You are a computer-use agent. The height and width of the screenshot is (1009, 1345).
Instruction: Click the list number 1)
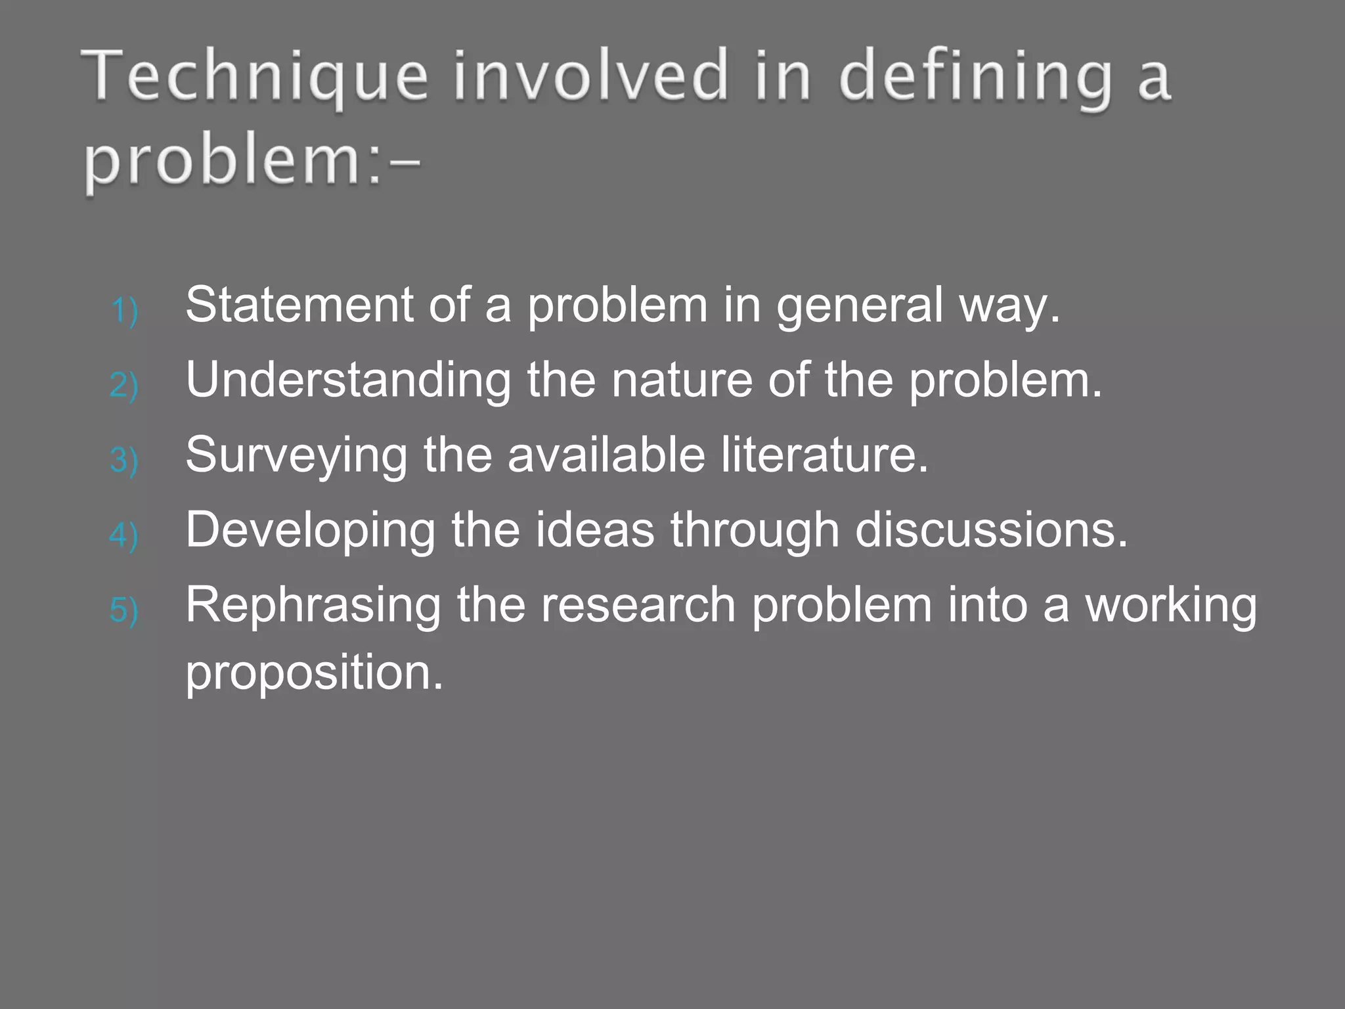124,310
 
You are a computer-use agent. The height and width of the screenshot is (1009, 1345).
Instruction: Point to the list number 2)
124,385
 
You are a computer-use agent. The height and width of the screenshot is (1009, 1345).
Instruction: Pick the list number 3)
124,460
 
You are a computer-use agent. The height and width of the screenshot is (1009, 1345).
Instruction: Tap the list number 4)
124,535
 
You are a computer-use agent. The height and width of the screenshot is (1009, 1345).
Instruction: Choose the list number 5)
124,610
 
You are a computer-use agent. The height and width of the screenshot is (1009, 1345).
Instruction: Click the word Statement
299,305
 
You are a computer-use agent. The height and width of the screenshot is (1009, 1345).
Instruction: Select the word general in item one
860,306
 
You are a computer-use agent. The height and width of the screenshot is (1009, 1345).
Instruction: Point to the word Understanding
348,381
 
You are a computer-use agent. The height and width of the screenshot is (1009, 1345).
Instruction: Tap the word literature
825,455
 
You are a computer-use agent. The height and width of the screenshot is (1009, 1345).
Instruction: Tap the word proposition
315,673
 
